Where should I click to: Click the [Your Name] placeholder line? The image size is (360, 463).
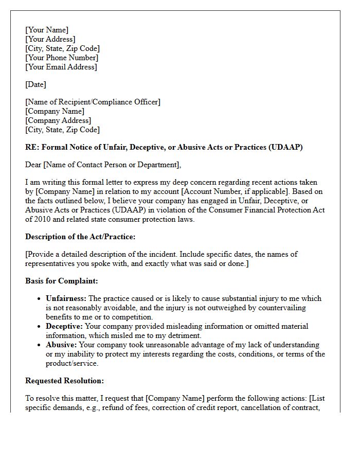click(47, 30)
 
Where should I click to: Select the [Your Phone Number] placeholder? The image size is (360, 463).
click(61, 58)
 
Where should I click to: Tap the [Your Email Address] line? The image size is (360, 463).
click(61, 67)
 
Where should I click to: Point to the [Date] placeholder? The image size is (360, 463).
click(36, 84)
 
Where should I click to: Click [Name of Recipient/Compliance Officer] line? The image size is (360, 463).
click(93, 102)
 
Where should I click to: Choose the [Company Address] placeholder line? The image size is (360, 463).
click(59, 120)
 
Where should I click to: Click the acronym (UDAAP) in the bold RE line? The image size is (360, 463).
click(285, 147)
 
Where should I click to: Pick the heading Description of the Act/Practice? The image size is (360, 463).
click(80, 237)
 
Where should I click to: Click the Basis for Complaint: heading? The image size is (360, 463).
click(62, 281)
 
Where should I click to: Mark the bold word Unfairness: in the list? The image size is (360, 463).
click(66, 298)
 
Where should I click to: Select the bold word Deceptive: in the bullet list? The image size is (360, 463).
click(65, 326)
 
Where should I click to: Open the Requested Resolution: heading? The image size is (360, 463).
click(65, 381)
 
